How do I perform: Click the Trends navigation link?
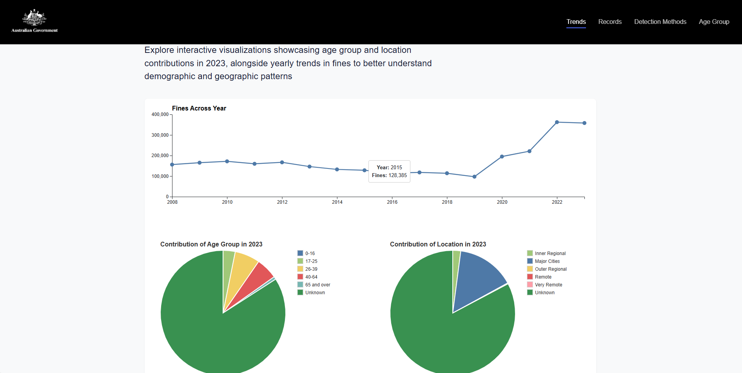click(576, 22)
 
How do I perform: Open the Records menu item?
click(610, 22)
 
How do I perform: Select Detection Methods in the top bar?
click(660, 22)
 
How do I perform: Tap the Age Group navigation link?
click(714, 22)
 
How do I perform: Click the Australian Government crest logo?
click(34, 21)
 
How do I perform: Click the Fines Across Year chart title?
click(199, 109)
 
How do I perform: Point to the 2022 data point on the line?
click(557, 122)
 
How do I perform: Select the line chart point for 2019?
click(474, 177)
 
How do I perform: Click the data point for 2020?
click(502, 157)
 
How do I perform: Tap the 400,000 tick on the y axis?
click(160, 114)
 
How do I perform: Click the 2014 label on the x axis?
click(337, 202)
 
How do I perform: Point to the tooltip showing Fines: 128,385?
click(389, 172)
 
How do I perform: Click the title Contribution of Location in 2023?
click(438, 244)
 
